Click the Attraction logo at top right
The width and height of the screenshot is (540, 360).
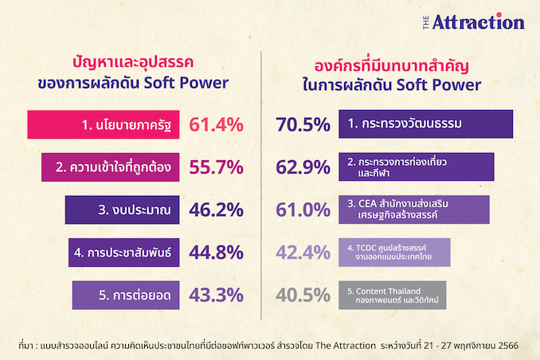point(474,22)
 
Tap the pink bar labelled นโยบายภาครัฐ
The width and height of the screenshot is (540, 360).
point(104,125)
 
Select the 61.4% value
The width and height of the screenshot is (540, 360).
point(217,125)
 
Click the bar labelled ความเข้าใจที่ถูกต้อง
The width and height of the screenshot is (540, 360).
point(110,167)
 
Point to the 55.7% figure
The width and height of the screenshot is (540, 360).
point(217,167)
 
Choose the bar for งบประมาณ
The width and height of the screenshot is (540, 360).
point(123,209)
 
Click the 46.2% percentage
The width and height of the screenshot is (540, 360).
point(217,209)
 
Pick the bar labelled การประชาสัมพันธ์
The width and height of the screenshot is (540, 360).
point(124,252)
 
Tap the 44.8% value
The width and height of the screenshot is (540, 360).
point(217,252)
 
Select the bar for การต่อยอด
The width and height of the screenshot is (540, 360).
point(126,295)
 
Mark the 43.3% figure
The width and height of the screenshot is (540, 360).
point(217,295)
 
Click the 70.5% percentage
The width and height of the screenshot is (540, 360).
point(303,125)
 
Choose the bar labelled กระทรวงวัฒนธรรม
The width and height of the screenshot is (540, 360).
point(426,124)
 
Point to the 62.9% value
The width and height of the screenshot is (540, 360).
point(303,167)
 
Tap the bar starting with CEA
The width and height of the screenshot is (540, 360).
point(414,209)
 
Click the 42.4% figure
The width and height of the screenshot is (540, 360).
point(303,252)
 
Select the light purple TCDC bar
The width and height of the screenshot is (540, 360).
point(394,252)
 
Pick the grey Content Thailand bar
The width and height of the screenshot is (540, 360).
point(393,295)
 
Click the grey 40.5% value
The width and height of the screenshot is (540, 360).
point(303,295)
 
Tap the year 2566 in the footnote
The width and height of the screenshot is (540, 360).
point(508,346)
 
